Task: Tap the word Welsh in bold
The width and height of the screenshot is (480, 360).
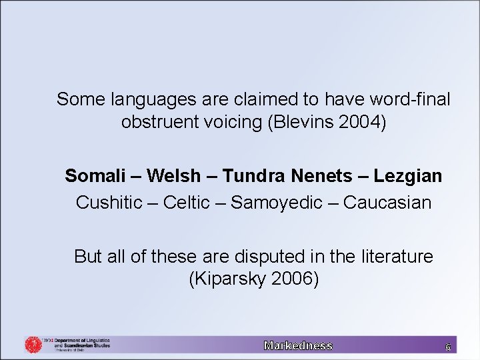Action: (173, 176)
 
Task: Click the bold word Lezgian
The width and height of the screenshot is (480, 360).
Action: (408, 176)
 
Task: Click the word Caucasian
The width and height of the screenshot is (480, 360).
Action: (387, 202)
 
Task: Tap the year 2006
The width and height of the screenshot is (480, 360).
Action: (295, 279)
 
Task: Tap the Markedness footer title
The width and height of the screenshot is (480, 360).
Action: (298, 345)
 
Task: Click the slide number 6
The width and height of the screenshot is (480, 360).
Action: (447, 347)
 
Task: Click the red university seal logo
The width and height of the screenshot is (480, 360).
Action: (33, 345)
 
